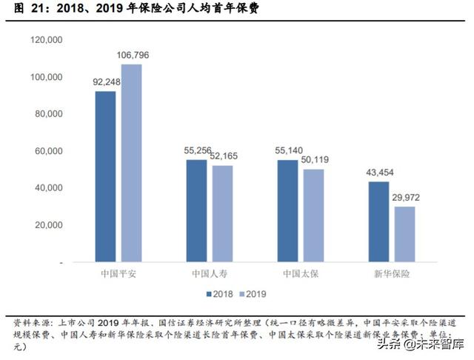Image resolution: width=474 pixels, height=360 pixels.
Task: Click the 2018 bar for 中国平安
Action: (105, 176)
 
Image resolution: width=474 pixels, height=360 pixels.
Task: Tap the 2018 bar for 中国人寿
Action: (196, 210)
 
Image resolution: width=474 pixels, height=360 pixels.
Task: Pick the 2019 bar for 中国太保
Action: (313, 216)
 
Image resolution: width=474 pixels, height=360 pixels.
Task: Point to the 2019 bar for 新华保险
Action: (404, 234)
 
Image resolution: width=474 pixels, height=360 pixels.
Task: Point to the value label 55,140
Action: (289, 150)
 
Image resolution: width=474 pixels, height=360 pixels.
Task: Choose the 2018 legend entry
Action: (220, 293)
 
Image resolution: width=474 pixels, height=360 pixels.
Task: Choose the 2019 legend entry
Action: (252, 293)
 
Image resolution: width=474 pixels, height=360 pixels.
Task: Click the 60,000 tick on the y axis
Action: (47, 151)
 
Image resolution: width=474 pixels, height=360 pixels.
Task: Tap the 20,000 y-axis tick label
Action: (47, 225)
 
